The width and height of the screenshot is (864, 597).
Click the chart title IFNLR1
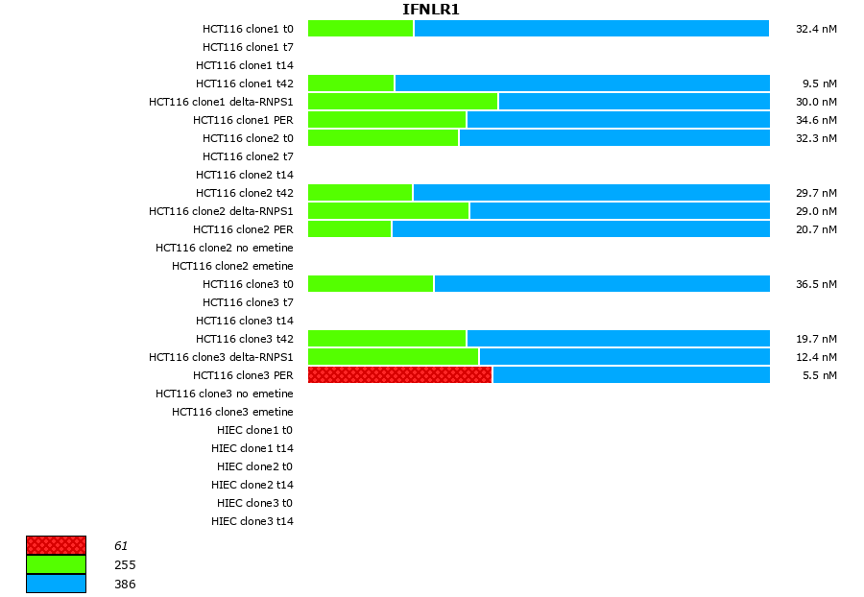point(430,10)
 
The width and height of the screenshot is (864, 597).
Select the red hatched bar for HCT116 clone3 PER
point(399,375)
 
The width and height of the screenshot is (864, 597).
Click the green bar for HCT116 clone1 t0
point(360,29)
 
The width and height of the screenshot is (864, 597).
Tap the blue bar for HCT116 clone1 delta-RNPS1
point(634,102)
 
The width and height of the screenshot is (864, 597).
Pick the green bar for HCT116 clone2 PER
point(349,229)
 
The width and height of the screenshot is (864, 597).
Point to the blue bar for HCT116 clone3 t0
point(602,284)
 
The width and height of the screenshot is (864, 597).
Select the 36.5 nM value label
point(816,284)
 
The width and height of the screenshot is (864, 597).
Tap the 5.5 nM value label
point(819,375)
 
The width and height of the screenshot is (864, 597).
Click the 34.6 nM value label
point(816,120)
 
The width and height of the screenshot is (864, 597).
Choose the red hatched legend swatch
point(56,545)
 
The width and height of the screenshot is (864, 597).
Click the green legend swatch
point(56,564)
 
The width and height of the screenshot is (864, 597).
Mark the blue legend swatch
point(56,584)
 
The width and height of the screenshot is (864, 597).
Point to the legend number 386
point(125,584)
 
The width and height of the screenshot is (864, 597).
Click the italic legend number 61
point(121,545)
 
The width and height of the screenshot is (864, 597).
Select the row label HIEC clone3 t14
point(252,521)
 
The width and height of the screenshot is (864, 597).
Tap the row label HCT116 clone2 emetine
point(232,266)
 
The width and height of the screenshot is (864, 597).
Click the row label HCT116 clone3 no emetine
point(225,394)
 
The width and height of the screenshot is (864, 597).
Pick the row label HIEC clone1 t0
point(252,430)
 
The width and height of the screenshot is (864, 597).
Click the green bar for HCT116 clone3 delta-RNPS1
point(393,357)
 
